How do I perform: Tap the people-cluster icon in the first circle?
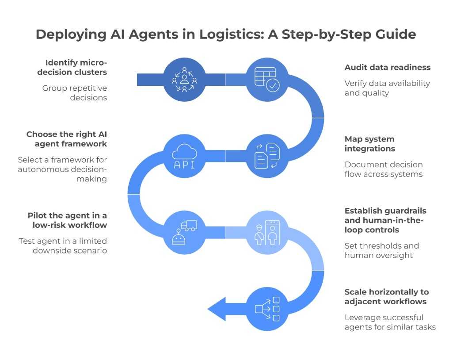pyautogui.click(x=184, y=80)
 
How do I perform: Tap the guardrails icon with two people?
pyautogui.click(x=266, y=233)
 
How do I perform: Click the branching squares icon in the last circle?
pyautogui.click(x=266, y=309)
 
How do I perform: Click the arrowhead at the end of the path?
pyautogui.click(x=217, y=309)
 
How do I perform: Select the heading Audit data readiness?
pyautogui.click(x=387, y=68)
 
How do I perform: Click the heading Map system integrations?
pyautogui.click(x=369, y=144)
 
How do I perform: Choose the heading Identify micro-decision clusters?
pyautogui.click(x=76, y=67)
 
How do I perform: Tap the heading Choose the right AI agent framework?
pyautogui.click(x=66, y=139)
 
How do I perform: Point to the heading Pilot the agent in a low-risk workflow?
pyautogui.click(x=67, y=220)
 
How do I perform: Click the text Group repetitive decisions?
pyautogui.click(x=75, y=93)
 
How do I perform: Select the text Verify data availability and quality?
pyautogui.click(x=387, y=88)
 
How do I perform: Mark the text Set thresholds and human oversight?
pyautogui.click(x=381, y=250)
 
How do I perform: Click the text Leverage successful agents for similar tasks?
pyautogui.click(x=390, y=322)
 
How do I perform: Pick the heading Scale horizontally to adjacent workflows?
pyautogui.click(x=386, y=297)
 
